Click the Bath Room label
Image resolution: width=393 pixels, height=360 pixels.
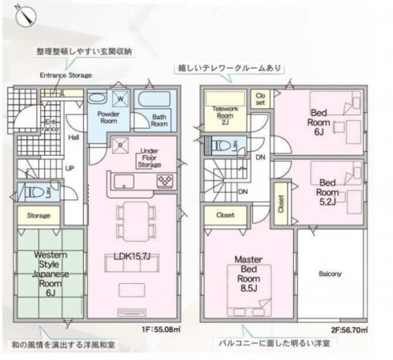[160, 120]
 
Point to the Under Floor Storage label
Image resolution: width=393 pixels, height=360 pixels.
[149, 157]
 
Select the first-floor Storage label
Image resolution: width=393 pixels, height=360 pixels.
[38, 216]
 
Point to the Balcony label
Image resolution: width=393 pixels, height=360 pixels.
[330, 274]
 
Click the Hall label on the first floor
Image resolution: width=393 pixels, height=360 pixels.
[74, 138]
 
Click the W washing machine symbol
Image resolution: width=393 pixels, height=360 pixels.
[119, 99]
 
